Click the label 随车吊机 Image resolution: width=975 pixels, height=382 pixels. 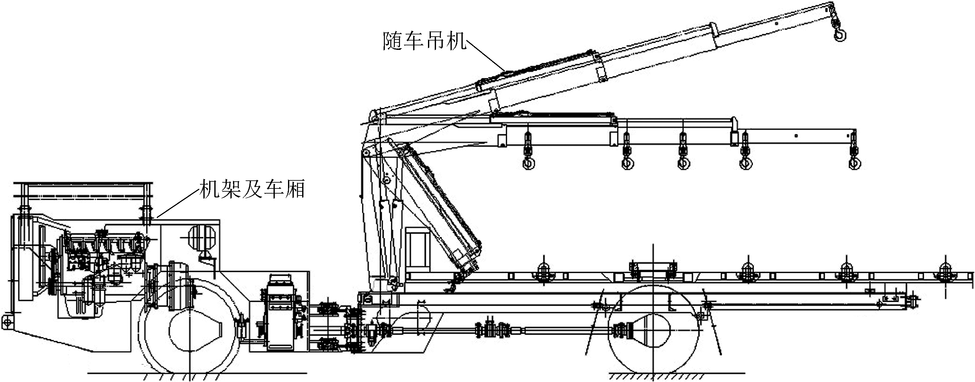tap(424, 41)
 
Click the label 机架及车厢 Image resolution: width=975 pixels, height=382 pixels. tap(252, 189)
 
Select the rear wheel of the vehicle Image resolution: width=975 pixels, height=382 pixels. tap(653, 329)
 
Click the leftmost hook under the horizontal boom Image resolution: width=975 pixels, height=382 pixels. tap(528, 163)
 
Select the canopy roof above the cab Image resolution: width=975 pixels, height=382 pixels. tap(83, 189)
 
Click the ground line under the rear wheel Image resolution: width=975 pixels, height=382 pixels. tap(674, 373)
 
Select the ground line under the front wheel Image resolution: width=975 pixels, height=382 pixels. tap(197, 373)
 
